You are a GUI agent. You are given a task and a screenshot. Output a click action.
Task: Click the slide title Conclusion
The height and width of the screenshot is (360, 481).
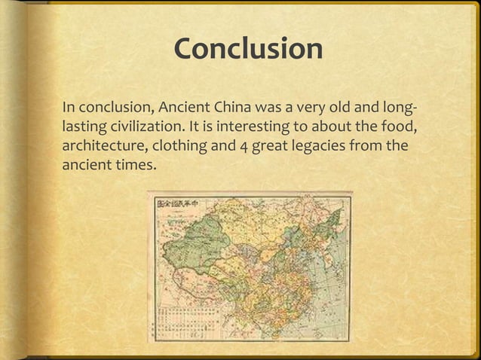(248, 50)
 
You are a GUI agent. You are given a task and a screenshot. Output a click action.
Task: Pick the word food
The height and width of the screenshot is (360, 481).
(399, 124)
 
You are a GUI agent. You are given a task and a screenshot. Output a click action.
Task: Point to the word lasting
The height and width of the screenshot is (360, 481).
(84, 124)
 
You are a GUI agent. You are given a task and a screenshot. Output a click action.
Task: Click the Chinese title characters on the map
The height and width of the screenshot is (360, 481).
(188, 202)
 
